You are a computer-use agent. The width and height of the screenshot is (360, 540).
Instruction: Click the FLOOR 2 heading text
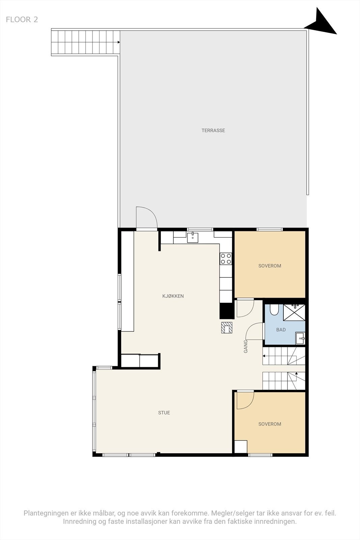click(x=22, y=20)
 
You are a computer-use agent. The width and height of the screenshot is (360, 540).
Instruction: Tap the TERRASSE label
click(x=213, y=130)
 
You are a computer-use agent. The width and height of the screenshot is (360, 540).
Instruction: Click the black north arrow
click(x=322, y=24)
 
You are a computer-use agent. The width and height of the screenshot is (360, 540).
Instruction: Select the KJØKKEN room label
click(x=173, y=296)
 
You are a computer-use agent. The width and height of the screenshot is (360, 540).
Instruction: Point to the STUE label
click(x=164, y=412)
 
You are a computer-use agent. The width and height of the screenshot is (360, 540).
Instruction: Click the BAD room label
click(x=281, y=330)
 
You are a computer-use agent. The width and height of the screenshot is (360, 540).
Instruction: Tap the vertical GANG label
click(x=246, y=346)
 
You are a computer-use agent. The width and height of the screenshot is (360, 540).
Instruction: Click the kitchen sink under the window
click(x=193, y=237)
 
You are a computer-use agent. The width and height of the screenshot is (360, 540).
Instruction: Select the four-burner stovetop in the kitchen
click(x=226, y=259)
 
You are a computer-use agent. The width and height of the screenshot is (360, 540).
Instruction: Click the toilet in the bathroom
click(x=274, y=309)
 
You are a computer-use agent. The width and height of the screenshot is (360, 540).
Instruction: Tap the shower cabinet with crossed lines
click(x=294, y=313)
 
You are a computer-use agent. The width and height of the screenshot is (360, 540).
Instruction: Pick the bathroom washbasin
click(x=300, y=338)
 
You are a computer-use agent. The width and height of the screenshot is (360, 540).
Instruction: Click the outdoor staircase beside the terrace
click(x=85, y=43)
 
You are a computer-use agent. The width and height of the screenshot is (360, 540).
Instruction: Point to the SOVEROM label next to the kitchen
click(x=270, y=266)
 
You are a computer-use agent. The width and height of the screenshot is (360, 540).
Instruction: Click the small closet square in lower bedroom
click(x=241, y=447)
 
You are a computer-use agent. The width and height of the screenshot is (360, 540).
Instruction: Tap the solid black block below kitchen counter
click(x=227, y=311)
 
